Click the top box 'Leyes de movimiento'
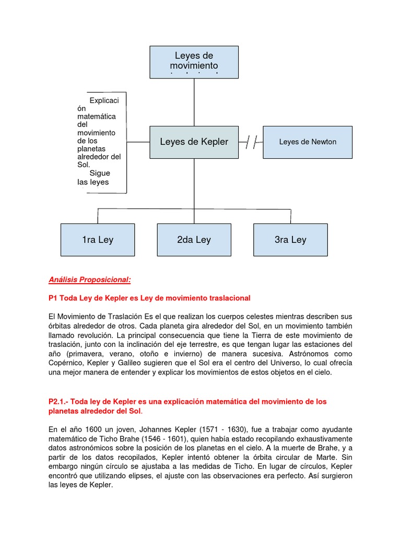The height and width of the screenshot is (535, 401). [194, 62]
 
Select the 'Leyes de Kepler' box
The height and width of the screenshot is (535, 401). [194, 142]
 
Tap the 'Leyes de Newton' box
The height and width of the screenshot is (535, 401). [308, 142]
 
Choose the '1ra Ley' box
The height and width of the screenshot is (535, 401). [98, 240]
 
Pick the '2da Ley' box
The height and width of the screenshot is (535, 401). [194, 240]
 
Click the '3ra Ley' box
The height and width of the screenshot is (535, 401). [290, 240]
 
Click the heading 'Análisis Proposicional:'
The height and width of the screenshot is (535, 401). [89, 280]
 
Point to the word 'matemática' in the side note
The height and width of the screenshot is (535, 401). [97, 117]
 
